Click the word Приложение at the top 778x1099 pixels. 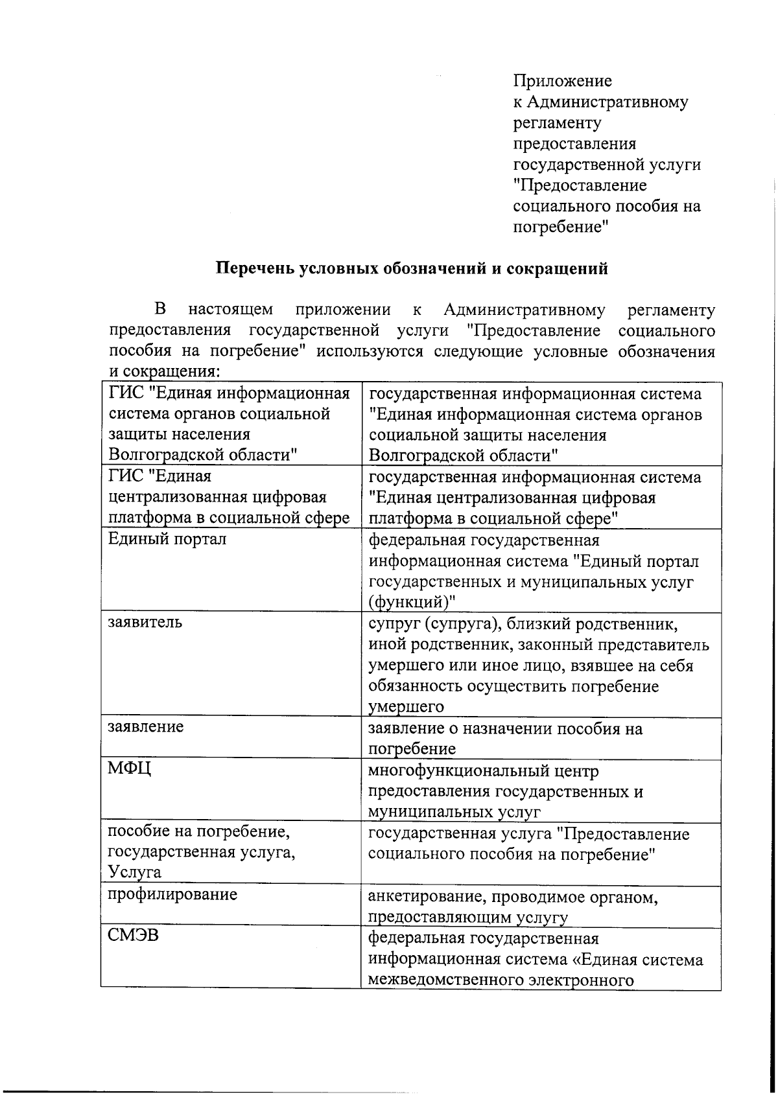coord(562,81)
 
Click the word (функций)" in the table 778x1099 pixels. coord(412,602)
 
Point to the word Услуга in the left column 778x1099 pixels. coord(134,873)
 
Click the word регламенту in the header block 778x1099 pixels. coord(557,122)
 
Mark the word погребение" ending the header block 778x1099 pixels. coord(561,227)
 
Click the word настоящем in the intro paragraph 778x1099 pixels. coord(230,310)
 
